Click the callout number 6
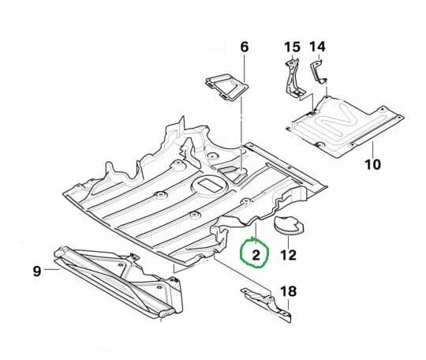coord(245,47)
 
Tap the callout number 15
coord(292,47)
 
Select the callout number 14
coord(317,47)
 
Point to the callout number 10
coord(372,164)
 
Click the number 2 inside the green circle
coord(256,255)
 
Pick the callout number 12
coord(288,255)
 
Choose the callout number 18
coord(288,291)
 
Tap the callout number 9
coord(37,271)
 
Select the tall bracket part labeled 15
coord(293,79)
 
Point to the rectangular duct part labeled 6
coord(227,87)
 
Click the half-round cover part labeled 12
coord(288,225)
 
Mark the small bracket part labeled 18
coord(267,305)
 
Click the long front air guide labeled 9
coord(118,281)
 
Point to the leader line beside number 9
coord(52,269)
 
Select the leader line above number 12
coord(288,242)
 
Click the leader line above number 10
coord(372,148)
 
